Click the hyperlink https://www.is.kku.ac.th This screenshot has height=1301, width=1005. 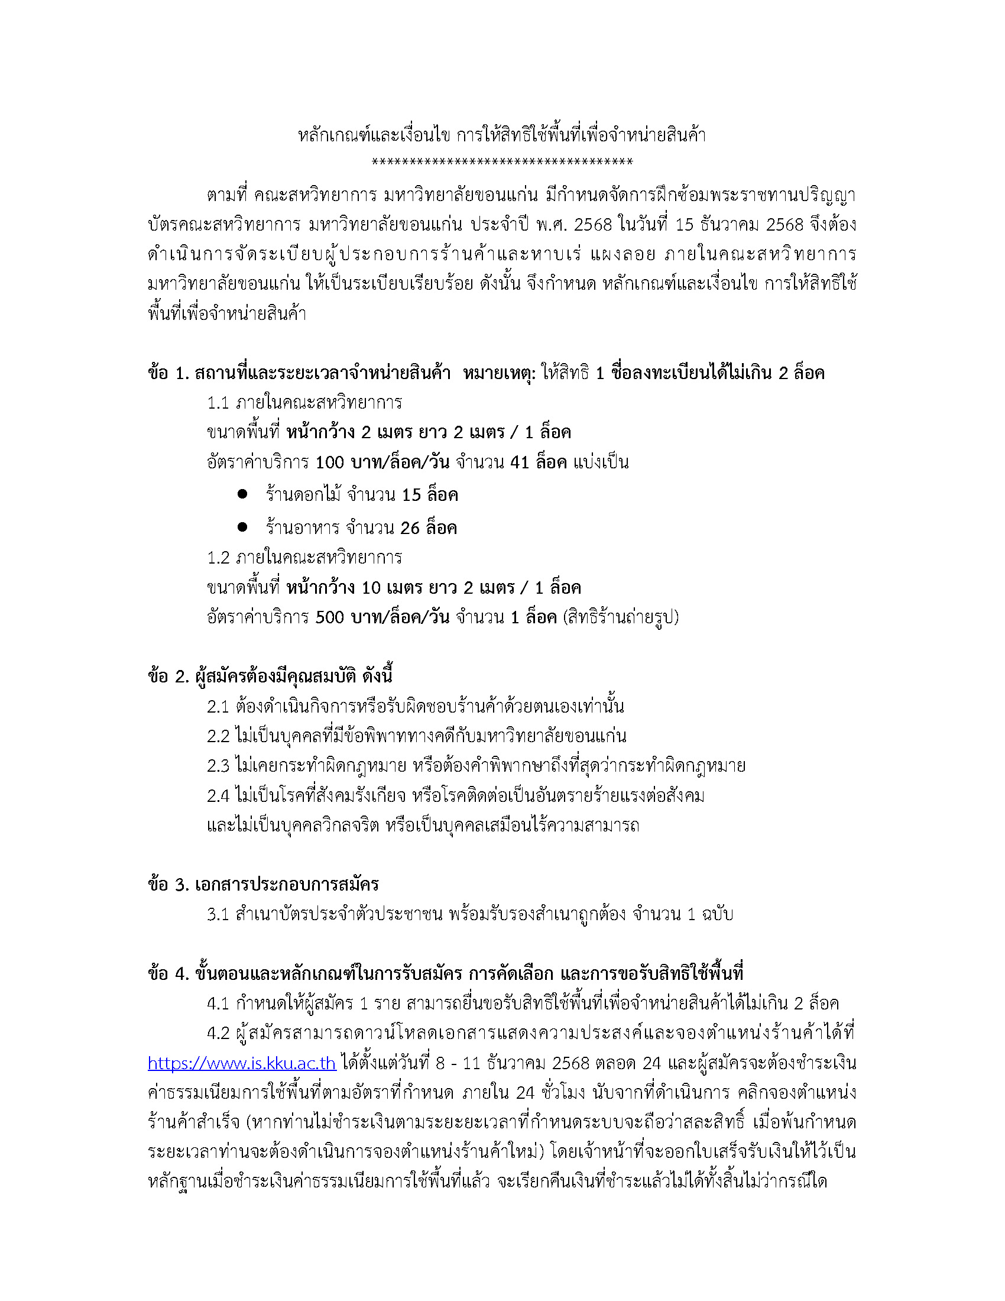242,1063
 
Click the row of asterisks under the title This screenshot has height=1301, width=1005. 502,162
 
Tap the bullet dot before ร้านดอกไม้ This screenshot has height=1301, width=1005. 242,494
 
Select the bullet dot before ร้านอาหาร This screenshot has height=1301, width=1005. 242,526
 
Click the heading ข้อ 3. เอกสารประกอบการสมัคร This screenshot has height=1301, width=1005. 263,884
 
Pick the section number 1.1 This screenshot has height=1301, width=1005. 218,403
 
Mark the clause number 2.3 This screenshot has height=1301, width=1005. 218,766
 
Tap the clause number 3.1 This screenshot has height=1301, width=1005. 218,914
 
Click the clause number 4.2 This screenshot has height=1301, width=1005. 218,1033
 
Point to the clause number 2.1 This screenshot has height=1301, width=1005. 218,707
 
